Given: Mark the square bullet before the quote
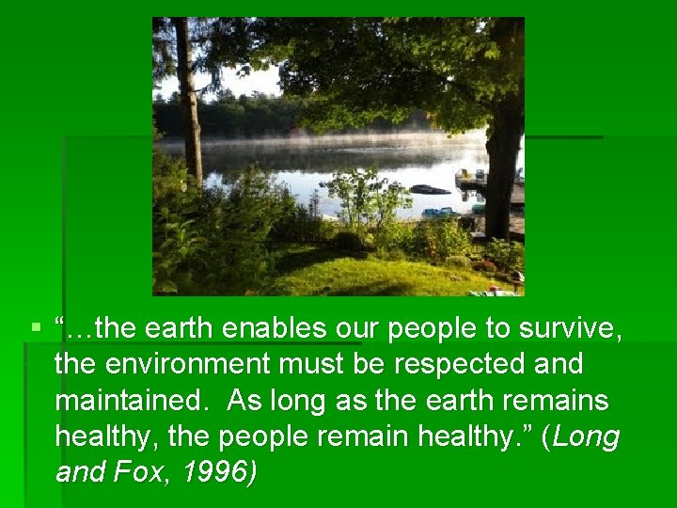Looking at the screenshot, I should pos(37,329).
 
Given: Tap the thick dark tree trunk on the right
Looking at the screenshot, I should pos(504,141).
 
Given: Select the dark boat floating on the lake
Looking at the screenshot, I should pos(430,190).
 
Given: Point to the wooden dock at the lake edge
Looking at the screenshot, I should pos(489,183).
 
